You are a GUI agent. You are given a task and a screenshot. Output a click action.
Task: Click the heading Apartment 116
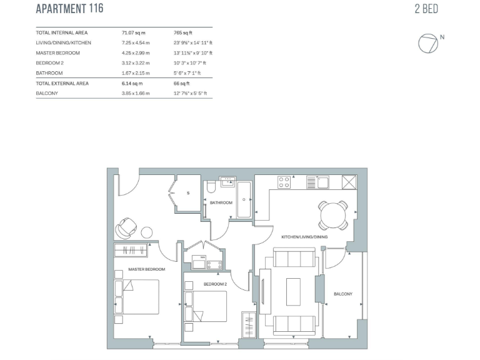tap(69, 9)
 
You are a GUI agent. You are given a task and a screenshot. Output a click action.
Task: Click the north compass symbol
tap(428, 42)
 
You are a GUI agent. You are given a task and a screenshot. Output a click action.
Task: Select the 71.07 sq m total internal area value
tap(133, 32)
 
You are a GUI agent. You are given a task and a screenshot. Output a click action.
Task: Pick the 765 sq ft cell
tap(184, 32)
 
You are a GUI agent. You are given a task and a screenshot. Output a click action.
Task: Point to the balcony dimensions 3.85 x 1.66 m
tap(136, 93)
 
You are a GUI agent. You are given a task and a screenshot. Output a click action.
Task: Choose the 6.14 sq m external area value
tap(132, 83)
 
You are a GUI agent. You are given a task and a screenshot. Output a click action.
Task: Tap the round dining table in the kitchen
tap(333, 215)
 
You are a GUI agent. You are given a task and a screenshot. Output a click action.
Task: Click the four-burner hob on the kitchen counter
tap(284, 182)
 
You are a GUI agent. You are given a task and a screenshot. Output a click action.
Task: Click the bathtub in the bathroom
tap(244, 199)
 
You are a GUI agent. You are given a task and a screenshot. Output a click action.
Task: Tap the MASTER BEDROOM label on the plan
tap(146, 269)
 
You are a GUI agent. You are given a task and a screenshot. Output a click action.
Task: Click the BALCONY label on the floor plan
tap(343, 294)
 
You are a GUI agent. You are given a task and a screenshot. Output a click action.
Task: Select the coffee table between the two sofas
tap(294, 291)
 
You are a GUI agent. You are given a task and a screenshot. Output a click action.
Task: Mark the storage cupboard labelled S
tap(187, 193)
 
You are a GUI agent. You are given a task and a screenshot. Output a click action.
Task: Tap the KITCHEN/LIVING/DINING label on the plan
tap(304, 237)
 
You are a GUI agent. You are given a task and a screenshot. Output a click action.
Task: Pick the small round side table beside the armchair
tap(147, 232)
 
